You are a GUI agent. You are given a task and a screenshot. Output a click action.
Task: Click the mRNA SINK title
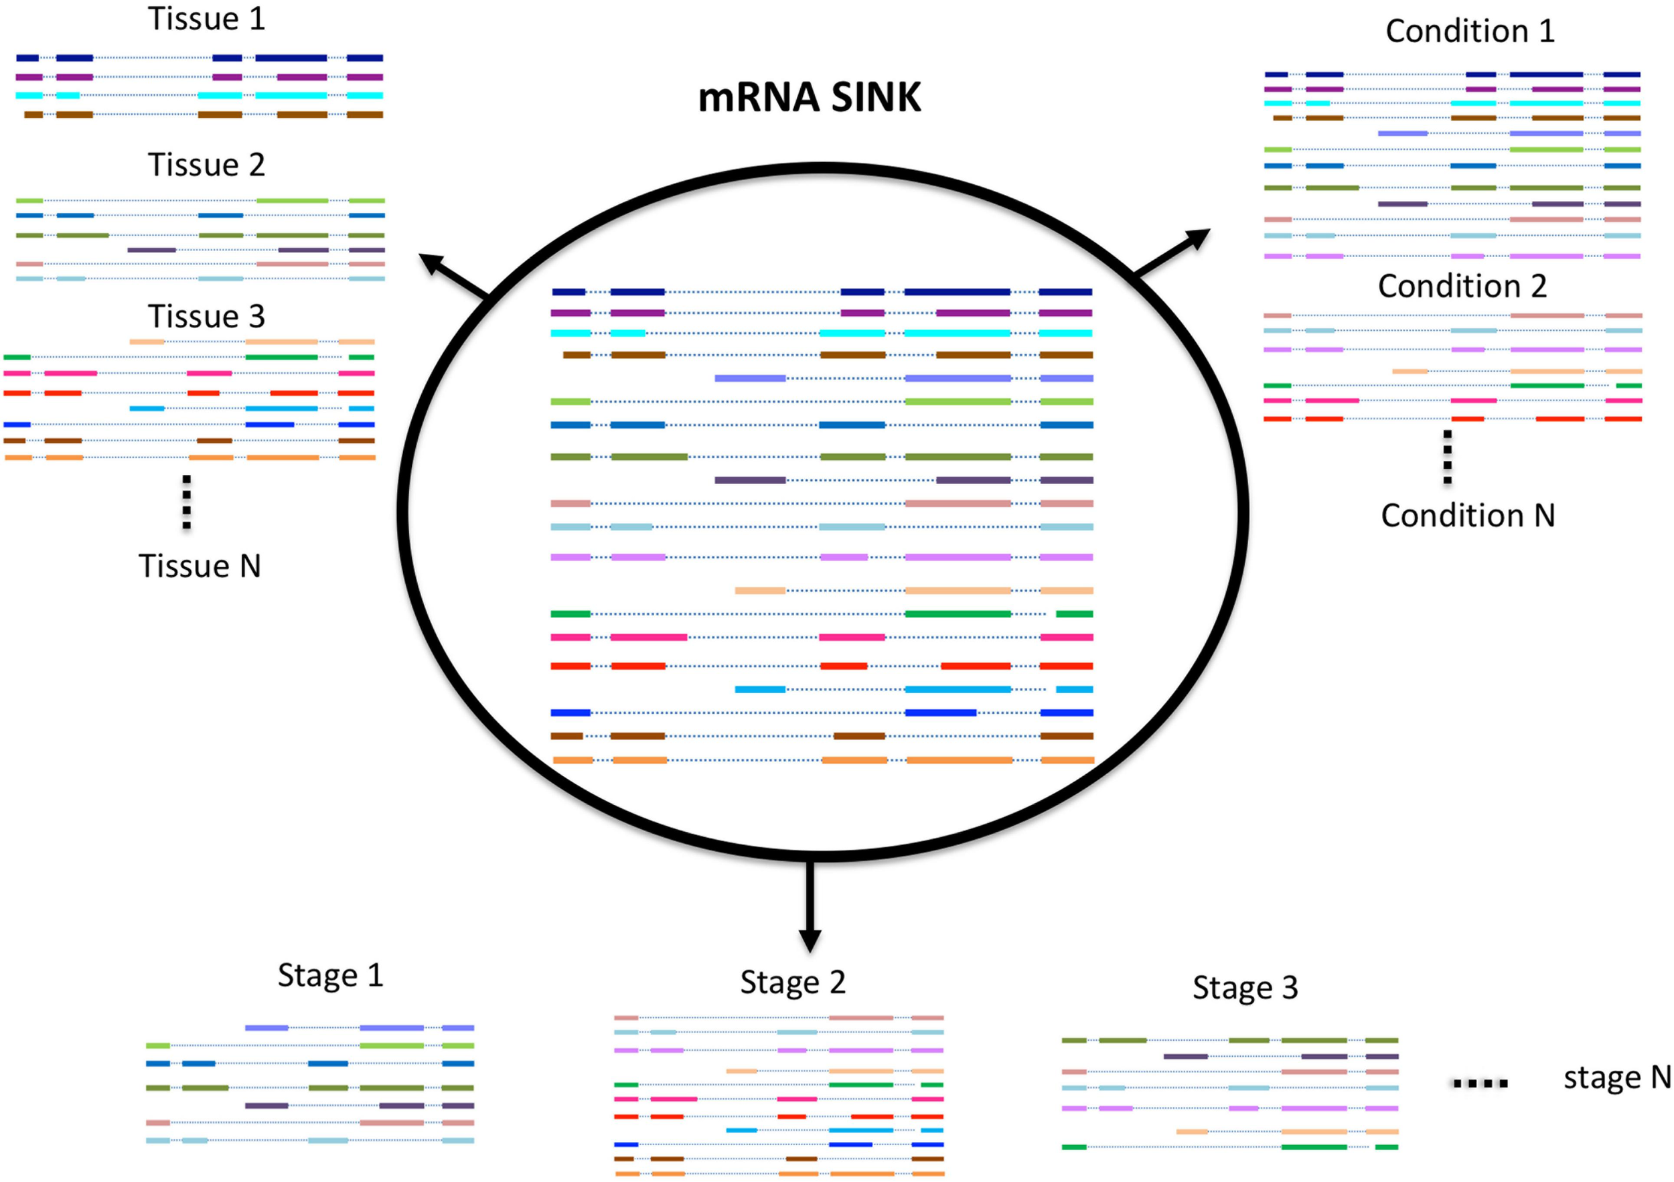tap(810, 98)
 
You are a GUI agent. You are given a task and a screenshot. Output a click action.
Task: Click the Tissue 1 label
tap(206, 19)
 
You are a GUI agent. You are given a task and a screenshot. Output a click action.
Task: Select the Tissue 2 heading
tap(206, 165)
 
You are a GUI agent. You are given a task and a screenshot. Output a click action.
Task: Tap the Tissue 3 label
tap(206, 317)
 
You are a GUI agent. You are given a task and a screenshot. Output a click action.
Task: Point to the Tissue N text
tap(200, 567)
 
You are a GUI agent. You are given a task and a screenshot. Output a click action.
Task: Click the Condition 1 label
tap(1470, 31)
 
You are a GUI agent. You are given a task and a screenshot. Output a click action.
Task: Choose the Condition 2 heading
tap(1462, 287)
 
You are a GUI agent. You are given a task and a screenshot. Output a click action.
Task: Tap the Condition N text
tap(1468, 516)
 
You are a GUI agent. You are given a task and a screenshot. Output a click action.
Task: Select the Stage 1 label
tap(330, 976)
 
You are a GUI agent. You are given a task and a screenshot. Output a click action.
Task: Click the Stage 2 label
tap(793, 983)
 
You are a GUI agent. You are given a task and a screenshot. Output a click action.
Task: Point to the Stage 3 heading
tap(1245, 988)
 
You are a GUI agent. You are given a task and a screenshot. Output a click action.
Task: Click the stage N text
tap(1616, 1078)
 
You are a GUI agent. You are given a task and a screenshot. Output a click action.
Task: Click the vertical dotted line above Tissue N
tap(187, 502)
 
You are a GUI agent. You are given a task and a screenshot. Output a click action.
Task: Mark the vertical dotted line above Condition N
tap(1447, 457)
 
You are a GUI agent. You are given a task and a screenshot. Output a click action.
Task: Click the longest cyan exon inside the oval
tap(958, 334)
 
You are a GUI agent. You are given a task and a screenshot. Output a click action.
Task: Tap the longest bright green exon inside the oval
tap(958, 614)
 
